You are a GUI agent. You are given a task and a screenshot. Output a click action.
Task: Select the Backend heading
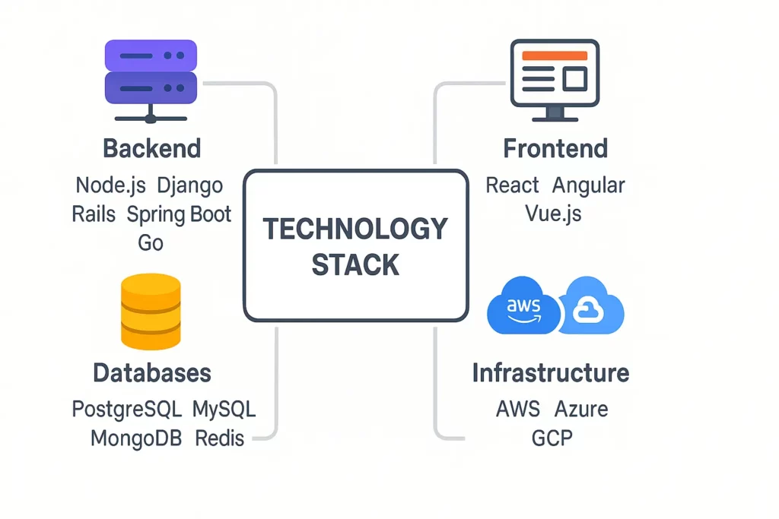[x=151, y=148]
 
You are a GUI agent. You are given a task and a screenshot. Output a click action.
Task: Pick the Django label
[x=189, y=185]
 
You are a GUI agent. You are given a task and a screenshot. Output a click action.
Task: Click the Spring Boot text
[x=179, y=214]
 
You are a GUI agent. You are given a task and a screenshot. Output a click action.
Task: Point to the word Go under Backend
[x=151, y=243]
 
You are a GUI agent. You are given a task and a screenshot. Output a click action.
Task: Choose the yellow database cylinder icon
[x=151, y=312]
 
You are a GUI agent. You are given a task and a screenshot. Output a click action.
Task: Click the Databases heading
[x=151, y=373]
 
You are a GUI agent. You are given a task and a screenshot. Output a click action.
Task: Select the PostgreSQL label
[x=127, y=410]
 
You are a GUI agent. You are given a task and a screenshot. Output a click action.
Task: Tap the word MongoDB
[x=135, y=438]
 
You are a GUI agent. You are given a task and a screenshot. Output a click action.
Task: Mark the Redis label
[x=219, y=438]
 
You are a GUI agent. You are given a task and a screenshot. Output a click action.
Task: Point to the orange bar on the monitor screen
[x=555, y=55]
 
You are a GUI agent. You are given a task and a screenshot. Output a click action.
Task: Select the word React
[x=512, y=185]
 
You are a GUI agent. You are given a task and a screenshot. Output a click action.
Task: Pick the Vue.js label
[x=553, y=214]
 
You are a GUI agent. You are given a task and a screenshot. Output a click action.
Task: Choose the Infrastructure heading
[x=550, y=373]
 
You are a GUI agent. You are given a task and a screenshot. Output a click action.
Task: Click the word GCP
[x=552, y=438]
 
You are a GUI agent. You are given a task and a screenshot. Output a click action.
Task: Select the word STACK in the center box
[x=355, y=264]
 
